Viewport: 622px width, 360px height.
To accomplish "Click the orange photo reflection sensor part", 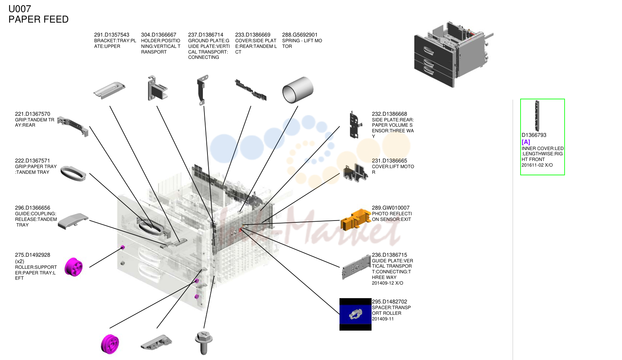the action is [356, 219].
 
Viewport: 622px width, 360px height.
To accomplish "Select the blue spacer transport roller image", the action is [355, 314].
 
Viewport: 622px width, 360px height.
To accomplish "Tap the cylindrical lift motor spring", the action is [298, 90].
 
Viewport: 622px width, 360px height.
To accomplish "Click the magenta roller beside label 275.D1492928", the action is [74, 267].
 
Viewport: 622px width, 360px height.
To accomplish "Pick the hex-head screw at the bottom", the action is [204, 343].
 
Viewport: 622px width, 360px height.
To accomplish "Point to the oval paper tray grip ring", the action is [73, 173].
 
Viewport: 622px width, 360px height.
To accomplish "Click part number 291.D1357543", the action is [112, 35].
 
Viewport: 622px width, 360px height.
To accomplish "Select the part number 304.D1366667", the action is [158, 35].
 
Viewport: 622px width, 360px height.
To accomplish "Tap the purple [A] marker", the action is [526, 142].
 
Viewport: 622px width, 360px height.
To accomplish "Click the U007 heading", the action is [20, 9].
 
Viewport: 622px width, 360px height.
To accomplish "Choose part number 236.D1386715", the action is [389, 255].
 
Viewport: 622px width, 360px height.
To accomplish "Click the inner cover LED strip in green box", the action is [537, 116].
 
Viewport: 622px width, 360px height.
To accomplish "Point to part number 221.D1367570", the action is [32, 114].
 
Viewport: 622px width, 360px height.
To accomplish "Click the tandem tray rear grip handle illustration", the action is [73, 126].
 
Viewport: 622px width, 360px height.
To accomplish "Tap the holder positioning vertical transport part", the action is [157, 88].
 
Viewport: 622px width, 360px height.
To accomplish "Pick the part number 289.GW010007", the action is [391, 208].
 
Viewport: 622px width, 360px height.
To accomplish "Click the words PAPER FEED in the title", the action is [38, 20].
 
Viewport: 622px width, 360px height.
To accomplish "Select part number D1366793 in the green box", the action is [534, 135].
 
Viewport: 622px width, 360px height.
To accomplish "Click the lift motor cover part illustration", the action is [356, 173].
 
